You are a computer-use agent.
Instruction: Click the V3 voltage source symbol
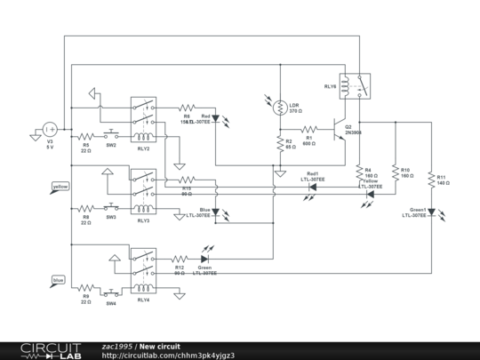pos(50,130)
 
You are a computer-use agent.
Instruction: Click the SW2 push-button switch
pos(111,137)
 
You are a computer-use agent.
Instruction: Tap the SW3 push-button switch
pos(111,210)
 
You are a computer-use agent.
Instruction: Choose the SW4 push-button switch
pos(111,288)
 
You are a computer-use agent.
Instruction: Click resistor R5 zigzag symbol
pos(86,137)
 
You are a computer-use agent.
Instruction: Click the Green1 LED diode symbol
pos(430,212)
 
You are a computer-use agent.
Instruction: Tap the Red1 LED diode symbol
pos(314,188)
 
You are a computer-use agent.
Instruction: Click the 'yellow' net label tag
pos(60,187)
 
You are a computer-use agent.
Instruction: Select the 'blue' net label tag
pos(59,280)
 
